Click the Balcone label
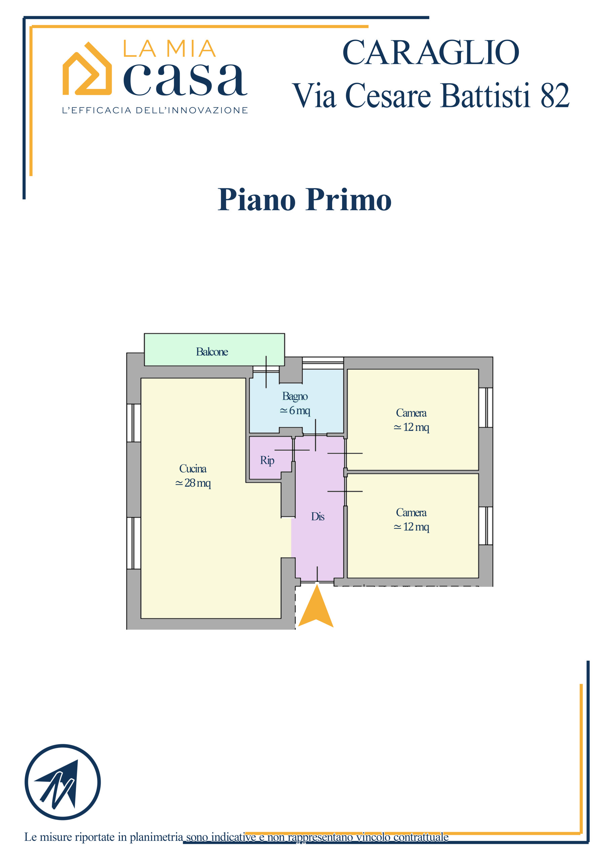point(212,352)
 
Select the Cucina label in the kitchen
point(193,469)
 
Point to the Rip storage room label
point(267,460)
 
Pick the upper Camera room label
point(411,413)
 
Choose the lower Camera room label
point(411,512)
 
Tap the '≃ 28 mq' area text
point(193,483)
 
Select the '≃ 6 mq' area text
point(295,411)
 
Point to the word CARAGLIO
point(431,52)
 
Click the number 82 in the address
point(554,96)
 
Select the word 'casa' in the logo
point(185,79)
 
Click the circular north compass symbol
point(63,782)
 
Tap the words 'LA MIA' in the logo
point(170,49)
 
